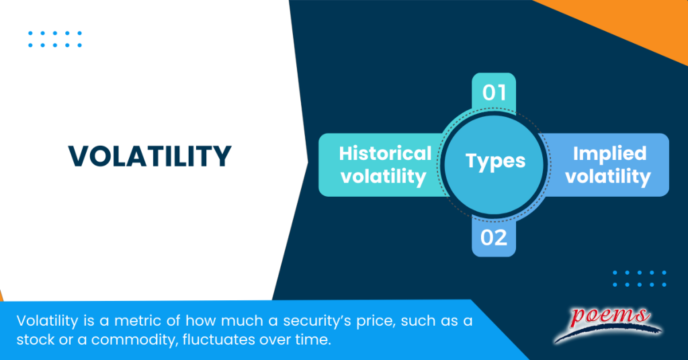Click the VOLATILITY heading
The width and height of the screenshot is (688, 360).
(150, 156)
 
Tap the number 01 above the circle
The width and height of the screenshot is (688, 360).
(494, 92)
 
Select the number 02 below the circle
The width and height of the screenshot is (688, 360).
(494, 238)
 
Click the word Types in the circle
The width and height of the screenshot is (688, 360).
(495, 161)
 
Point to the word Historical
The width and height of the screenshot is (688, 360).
(385, 154)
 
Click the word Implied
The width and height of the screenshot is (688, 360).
(609, 154)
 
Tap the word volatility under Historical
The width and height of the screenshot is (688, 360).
(384, 177)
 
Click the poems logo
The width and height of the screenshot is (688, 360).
(607, 321)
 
